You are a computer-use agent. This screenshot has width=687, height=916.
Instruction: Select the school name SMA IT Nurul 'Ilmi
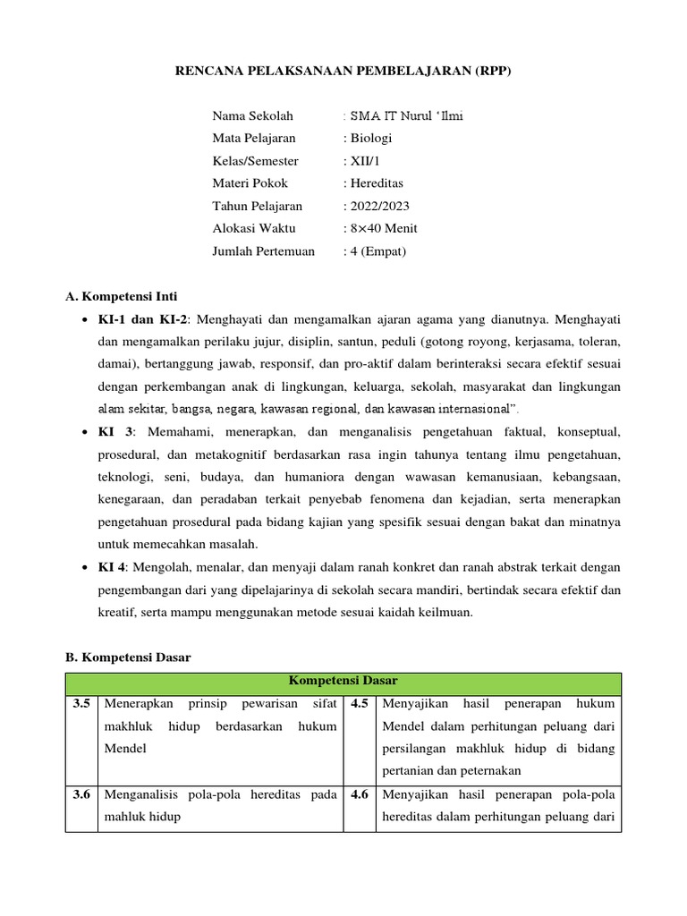tap(405, 115)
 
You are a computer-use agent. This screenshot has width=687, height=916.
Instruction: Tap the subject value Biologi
tap(369, 138)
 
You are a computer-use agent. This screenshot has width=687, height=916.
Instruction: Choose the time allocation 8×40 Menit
tap(382, 228)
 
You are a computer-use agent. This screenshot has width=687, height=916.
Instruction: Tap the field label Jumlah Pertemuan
tap(263, 251)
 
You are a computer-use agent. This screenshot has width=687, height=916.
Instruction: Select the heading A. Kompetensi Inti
tap(127, 296)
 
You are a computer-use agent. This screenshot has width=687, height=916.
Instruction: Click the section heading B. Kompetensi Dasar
tap(129, 657)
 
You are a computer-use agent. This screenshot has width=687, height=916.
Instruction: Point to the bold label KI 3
tap(116, 431)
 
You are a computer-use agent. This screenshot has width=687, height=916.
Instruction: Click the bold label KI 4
tap(115, 567)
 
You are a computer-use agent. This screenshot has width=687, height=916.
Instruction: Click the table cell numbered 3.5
tap(82, 704)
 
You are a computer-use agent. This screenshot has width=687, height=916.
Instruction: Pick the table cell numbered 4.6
tap(360, 794)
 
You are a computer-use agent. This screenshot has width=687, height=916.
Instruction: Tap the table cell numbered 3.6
tap(82, 794)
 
